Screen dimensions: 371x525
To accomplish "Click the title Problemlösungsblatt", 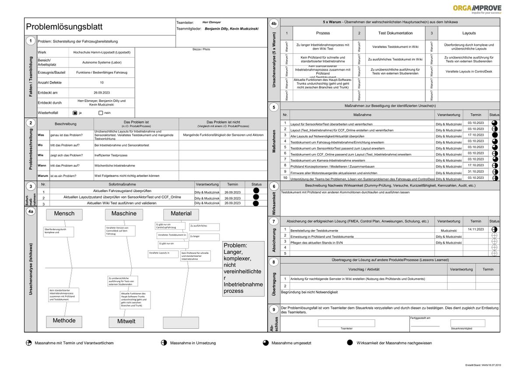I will [64, 27].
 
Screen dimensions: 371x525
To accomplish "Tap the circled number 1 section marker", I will [31, 41].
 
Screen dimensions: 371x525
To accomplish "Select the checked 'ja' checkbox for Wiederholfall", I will [75, 113].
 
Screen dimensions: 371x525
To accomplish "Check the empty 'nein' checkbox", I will [101, 113].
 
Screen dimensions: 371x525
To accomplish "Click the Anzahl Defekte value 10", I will [101, 82].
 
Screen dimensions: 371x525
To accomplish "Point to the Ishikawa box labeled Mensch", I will [64, 214].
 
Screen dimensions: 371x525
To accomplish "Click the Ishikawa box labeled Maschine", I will [124, 214].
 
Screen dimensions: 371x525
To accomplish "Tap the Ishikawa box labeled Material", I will [181, 214].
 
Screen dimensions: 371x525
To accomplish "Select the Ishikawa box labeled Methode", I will [64, 321].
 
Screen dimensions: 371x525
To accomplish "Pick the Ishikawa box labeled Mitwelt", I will [126, 322].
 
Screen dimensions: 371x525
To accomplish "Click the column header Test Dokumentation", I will [395, 33].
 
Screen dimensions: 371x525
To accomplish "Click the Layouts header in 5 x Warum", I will [469, 33].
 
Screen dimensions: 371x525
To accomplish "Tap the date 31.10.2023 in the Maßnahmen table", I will [475, 171].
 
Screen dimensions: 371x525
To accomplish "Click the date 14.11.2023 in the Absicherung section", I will [476, 229].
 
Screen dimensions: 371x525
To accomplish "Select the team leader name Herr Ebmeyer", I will [212, 22].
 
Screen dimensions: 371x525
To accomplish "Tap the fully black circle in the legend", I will [350, 343].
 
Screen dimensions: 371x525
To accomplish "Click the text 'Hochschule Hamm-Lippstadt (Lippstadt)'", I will [101, 52].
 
